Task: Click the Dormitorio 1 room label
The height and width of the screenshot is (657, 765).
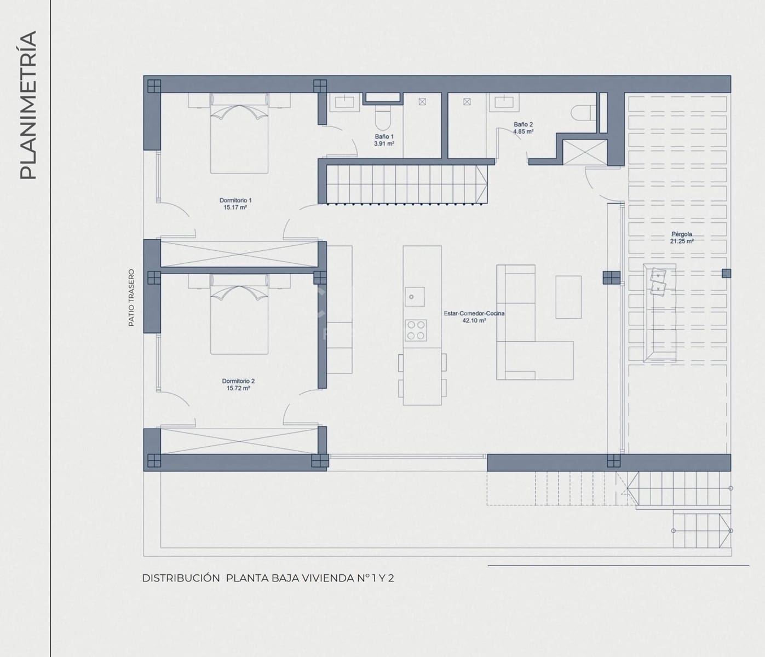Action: click(x=235, y=204)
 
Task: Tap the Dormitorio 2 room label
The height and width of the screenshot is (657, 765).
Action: click(x=238, y=384)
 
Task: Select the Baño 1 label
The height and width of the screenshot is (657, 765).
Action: click(x=384, y=140)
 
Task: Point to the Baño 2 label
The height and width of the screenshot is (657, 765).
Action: click(x=523, y=128)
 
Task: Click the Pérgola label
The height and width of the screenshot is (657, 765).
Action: click(x=682, y=238)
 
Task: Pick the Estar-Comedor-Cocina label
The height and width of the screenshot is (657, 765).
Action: click(x=474, y=317)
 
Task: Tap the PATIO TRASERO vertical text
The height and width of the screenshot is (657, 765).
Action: click(x=131, y=298)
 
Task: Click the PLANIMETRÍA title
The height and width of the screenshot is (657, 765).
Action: click(x=28, y=105)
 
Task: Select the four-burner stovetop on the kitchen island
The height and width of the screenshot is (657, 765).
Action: click(x=416, y=330)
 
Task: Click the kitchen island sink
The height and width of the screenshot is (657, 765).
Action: click(x=415, y=297)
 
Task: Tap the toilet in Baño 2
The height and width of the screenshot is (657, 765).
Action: click(x=583, y=113)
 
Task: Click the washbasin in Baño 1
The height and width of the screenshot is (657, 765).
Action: click(x=344, y=102)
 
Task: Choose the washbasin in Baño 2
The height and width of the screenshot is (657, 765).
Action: click(x=504, y=102)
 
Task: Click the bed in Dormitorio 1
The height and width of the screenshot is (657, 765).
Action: click(x=239, y=133)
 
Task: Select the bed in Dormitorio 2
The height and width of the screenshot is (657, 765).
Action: click(x=239, y=314)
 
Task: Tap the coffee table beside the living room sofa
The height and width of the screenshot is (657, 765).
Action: click(x=568, y=297)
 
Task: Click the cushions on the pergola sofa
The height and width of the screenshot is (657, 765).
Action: click(x=658, y=281)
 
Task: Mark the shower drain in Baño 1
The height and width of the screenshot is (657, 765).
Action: click(x=422, y=101)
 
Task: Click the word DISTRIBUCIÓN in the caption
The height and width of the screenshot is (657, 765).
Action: click(x=181, y=578)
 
